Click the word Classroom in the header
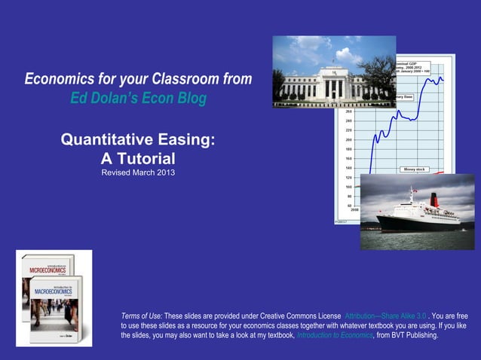173,79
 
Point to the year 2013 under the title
167,174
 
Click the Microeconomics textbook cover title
46,268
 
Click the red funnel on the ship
434,200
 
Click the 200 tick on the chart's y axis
348,140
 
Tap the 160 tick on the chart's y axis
348,159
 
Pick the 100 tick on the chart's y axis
348,187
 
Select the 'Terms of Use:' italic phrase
141,316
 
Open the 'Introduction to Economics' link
335,335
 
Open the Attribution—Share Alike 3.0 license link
385,316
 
